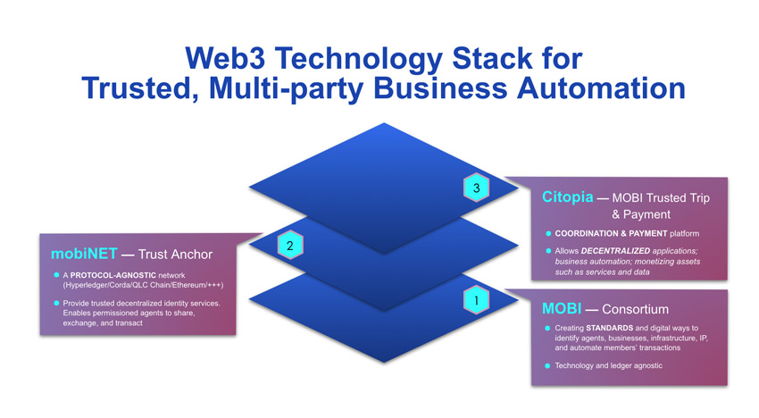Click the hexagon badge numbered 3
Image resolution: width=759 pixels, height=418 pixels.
[477, 188]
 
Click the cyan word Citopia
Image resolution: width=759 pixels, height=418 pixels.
[568, 196]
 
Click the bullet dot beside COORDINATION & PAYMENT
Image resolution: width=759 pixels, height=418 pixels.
[547, 233]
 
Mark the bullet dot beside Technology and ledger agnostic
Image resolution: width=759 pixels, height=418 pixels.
[546, 366]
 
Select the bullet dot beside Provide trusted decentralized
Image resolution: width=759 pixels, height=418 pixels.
[55, 303]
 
